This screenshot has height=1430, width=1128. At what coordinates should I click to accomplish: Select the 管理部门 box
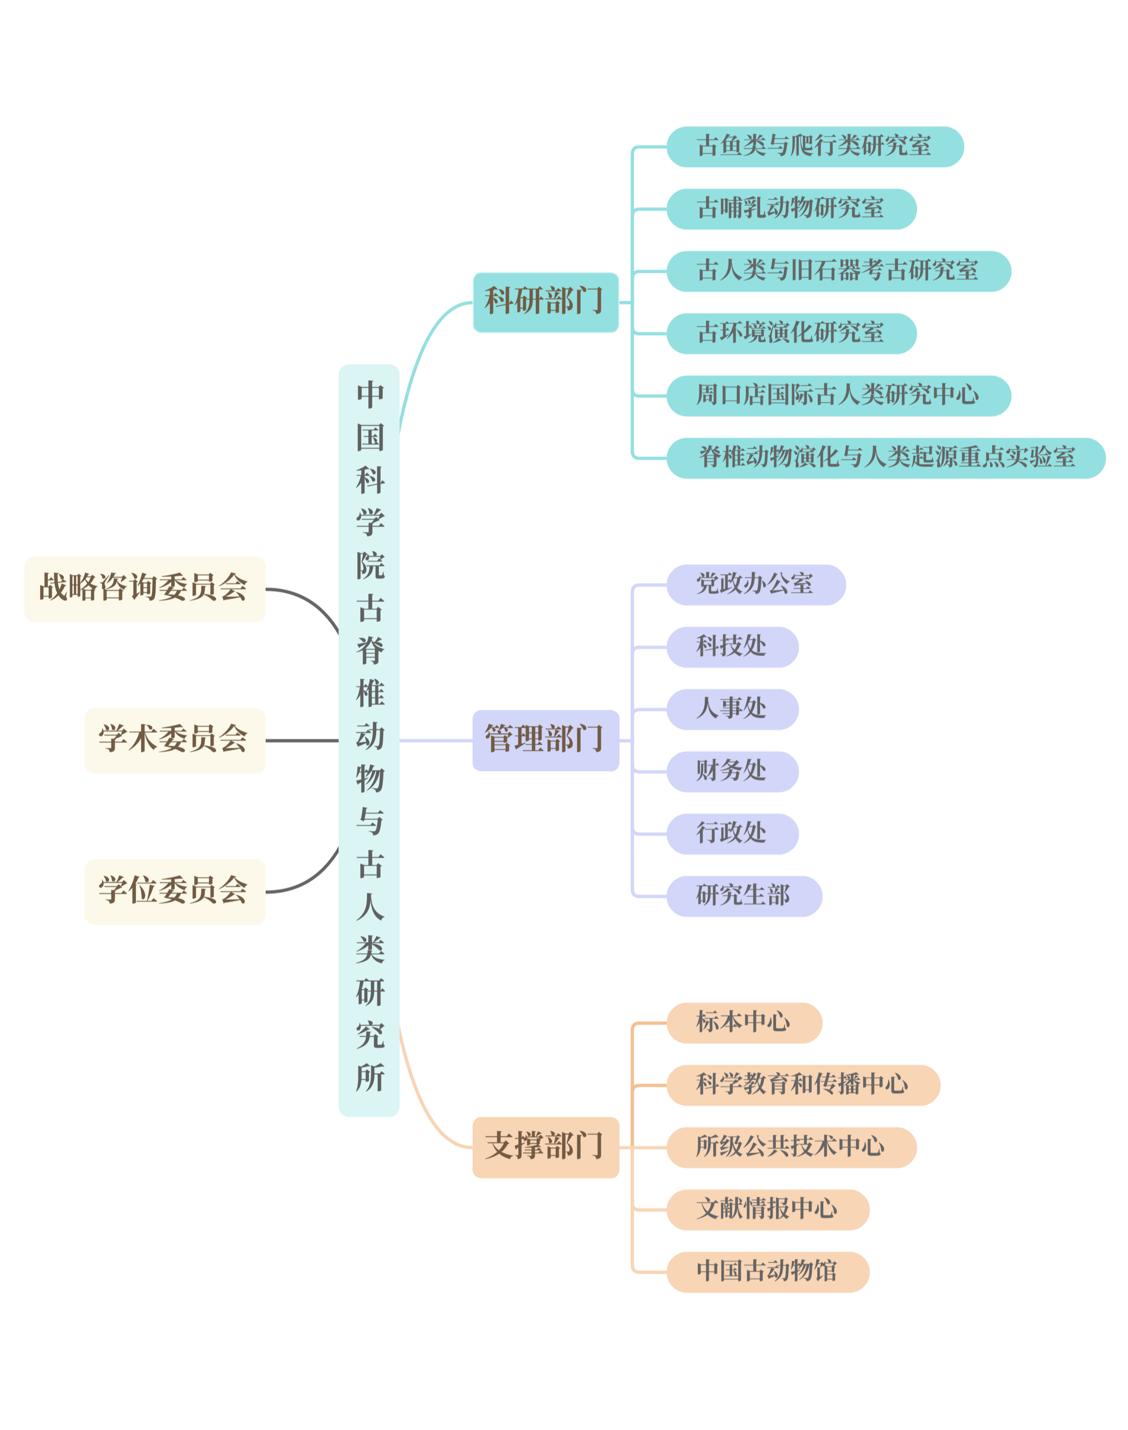pyautogui.click(x=545, y=740)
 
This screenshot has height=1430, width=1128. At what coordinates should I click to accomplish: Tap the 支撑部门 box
pyautogui.click(x=545, y=1147)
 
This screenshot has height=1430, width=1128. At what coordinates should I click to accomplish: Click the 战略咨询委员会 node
pyautogui.click(x=145, y=588)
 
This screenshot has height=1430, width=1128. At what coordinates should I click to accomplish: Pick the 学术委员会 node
pyautogui.click(x=175, y=740)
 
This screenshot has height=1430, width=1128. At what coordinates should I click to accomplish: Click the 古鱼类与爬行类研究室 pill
pyautogui.click(x=815, y=147)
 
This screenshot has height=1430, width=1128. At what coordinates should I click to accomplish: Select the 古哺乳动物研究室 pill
pyautogui.click(x=791, y=209)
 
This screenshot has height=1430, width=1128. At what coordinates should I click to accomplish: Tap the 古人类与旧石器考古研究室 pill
pyautogui.click(x=839, y=271)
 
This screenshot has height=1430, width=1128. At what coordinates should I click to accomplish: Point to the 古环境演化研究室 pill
pyautogui.click(x=791, y=333)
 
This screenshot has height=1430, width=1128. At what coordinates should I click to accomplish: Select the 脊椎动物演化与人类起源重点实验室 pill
pyautogui.click(x=886, y=458)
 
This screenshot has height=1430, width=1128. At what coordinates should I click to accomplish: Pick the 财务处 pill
pyautogui.click(x=732, y=772)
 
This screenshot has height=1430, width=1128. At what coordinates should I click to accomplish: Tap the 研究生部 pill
pyautogui.click(x=744, y=896)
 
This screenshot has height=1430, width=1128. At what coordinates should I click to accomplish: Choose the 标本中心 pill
pyautogui.click(x=744, y=1022)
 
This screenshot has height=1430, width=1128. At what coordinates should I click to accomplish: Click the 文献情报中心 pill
pyautogui.click(x=767, y=1209)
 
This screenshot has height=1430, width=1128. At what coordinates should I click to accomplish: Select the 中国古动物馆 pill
pyautogui.click(x=767, y=1272)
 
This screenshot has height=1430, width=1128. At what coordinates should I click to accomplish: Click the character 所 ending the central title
pyautogui.click(x=370, y=1077)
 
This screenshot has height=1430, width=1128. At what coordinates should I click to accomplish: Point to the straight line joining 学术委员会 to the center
pyautogui.click(x=302, y=740)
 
